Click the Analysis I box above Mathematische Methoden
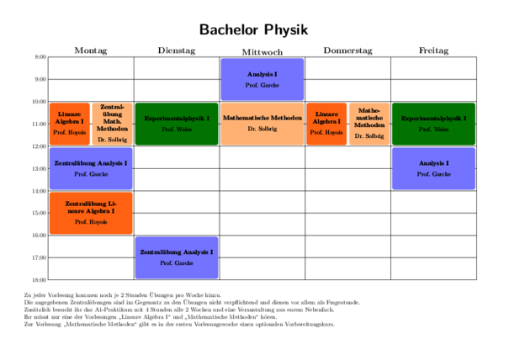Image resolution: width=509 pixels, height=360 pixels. click(262, 79)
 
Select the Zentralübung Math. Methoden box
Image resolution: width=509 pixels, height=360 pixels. click(113, 124)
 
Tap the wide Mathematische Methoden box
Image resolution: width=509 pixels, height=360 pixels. click(262, 124)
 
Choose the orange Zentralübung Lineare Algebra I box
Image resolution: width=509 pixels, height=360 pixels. click(91, 213)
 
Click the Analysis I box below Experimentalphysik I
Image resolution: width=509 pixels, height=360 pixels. click(433, 168)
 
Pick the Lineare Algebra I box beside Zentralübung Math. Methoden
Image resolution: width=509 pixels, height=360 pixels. click(70, 124)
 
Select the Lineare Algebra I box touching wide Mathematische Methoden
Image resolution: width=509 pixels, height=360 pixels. click(326, 124)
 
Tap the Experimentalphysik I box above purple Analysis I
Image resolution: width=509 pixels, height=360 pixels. click(433, 124)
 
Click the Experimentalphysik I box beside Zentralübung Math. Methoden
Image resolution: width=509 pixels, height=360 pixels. click(177, 124)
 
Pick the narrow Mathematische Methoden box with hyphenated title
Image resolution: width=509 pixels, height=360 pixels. click(369, 124)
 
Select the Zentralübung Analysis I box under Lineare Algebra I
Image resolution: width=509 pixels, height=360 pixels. click(91, 168)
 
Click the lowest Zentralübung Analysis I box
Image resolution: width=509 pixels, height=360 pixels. click(177, 257)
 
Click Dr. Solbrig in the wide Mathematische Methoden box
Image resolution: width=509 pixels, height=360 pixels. click(262, 130)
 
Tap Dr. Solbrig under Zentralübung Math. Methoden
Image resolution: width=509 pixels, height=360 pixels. click(113, 140)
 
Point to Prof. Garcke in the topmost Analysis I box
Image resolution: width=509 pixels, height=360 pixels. click(262, 86)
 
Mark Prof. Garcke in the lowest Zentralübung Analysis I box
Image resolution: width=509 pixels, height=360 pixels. click(177, 263)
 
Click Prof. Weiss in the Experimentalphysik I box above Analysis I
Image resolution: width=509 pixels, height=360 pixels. click(433, 130)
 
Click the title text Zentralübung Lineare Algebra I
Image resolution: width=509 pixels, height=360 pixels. click(91, 207)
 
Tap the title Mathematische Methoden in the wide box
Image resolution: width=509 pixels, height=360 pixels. click(262, 119)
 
